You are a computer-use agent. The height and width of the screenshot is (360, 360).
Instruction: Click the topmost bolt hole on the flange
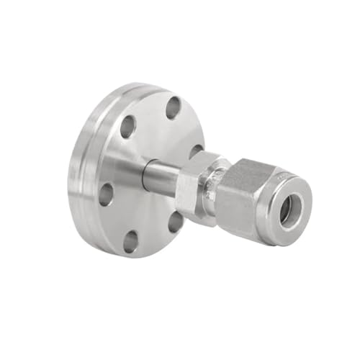pyautogui.click(x=173, y=108)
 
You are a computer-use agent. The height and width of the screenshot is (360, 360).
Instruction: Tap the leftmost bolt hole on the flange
pyautogui.click(x=106, y=194)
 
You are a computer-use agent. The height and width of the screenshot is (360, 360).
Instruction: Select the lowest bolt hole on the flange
pyautogui.click(x=130, y=242)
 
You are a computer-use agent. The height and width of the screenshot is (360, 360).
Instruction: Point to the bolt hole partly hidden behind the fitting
pyautogui.click(x=196, y=152)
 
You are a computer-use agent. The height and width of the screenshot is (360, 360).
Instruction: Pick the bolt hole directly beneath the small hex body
pyautogui.click(x=176, y=221)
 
